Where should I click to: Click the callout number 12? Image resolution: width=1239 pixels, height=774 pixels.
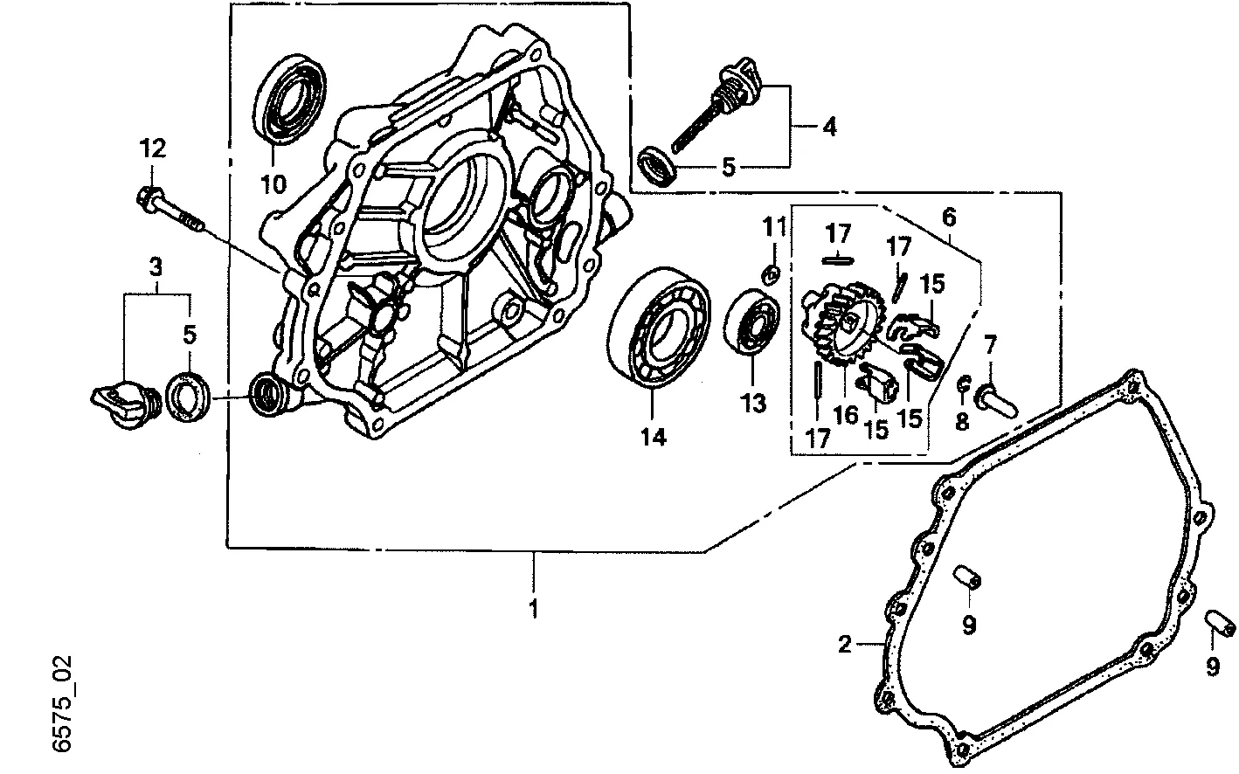153,149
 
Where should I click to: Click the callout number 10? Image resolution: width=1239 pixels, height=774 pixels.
273,184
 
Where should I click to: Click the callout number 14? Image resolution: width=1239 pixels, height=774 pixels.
653,437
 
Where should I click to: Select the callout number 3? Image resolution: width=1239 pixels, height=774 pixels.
155,266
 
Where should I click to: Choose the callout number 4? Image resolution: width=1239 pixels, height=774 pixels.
829,128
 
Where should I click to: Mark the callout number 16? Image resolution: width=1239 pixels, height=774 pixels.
845,415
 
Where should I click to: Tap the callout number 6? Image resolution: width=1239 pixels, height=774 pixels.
949,215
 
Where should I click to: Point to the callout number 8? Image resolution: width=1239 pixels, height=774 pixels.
961,422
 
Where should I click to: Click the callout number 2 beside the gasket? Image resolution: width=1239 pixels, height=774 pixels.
844,645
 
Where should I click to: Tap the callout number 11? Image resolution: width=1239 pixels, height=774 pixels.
770,229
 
